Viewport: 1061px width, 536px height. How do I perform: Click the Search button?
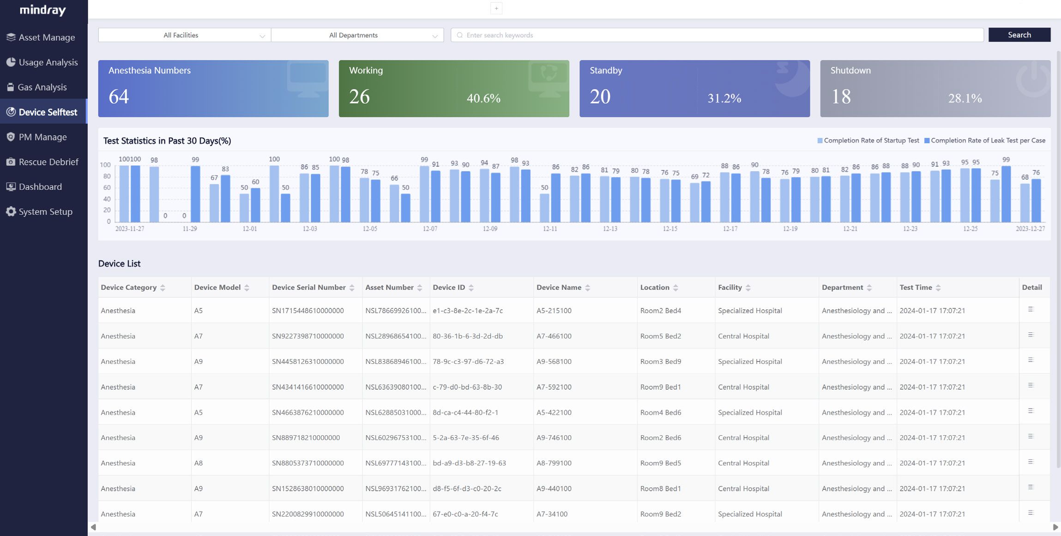coord(1019,35)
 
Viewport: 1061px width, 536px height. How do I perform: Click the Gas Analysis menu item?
coord(42,87)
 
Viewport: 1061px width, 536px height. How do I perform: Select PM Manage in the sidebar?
coord(42,137)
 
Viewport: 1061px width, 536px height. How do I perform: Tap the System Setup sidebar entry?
coord(45,212)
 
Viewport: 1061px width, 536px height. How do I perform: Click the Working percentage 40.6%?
coord(483,98)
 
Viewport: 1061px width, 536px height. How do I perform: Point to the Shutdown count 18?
coord(841,97)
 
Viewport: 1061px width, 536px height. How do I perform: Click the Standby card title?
coord(606,71)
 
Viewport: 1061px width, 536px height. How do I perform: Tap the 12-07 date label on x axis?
coord(430,229)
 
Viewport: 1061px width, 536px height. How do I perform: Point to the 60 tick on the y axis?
coord(107,188)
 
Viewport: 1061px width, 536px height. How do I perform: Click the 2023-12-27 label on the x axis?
coord(1030,229)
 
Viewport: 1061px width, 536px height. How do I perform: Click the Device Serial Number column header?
coord(308,288)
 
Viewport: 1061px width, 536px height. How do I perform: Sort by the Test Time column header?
coord(916,288)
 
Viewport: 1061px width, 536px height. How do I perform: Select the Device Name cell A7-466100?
coord(554,337)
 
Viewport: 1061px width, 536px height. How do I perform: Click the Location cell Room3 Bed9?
coord(660,362)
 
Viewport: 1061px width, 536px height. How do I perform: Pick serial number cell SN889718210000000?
coord(306,438)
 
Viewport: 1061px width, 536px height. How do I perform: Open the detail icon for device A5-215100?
coord(1031,310)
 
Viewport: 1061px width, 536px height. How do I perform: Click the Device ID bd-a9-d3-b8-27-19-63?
coord(469,464)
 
